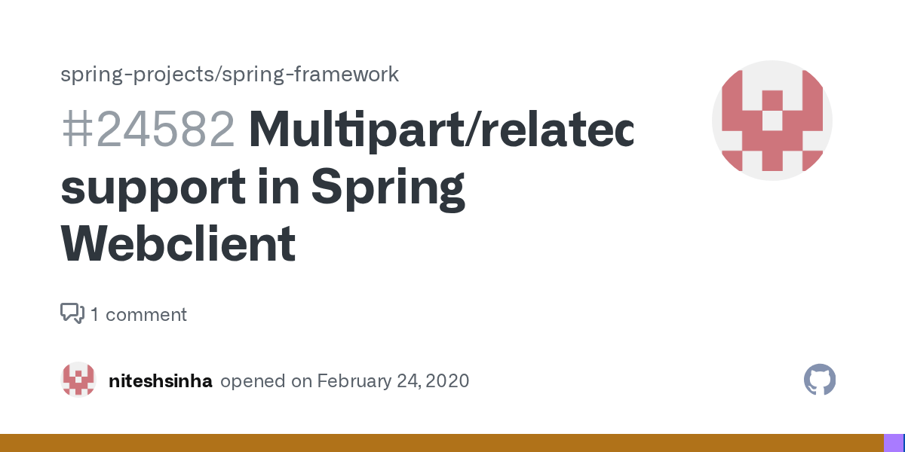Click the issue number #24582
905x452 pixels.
pyautogui.click(x=148, y=130)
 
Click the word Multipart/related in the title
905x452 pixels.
pyautogui.click(x=440, y=130)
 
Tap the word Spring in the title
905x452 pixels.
pyautogui.click(x=388, y=188)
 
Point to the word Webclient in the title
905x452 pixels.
pyautogui.click(x=178, y=244)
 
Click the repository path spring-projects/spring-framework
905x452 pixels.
pyautogui.click(x=229, y=74)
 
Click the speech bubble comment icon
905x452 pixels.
pyautogui.click(x=72, y=313)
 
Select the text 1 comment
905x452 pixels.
pyautogui.click(x=139, y=314)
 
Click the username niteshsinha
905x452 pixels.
pyautogui.click(x=161, y=380)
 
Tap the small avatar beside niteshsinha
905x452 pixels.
pyautogui.click(x=78, y=380)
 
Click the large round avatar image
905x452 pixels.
pyautogui.click(x=772, y=121)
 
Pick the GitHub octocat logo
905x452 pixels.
pyautogui.click(x=820, y=380)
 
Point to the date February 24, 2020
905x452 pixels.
pyautogui.click(x=393, y=380)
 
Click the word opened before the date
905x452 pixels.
pyautogui.click(x=253, y=380)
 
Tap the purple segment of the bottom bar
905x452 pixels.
pyautogui.click(x=893, y=443)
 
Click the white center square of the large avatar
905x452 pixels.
pyautogui.click(x=772, y=121)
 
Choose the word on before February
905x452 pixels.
pyautogui.click(x=302, y=380)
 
